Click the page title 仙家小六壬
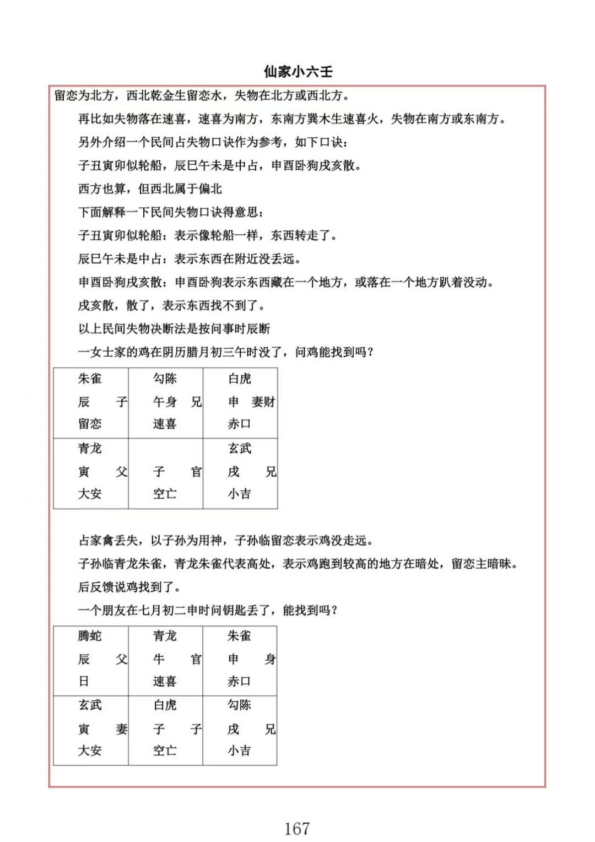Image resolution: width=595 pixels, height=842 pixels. [x=298, y=72]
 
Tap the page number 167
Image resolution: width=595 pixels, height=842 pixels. [x=297, y=828]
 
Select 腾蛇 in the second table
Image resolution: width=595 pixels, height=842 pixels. [x=90, y=636]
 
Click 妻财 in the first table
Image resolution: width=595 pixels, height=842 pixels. [x=263, y=402]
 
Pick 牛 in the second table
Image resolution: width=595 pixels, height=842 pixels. [x=159, y=659]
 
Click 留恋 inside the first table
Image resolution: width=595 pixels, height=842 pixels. [x=90, y=424]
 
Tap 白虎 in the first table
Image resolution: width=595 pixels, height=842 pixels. [x=240, y=379]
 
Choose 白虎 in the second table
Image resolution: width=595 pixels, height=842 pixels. [x=165, y=705]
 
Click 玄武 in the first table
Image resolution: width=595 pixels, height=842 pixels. [x=240, y=449]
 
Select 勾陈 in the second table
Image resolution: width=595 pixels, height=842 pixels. [x=240, y=705]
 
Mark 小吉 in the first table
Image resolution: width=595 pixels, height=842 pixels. [x=240, y=494]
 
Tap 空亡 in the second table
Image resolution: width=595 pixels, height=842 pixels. [x=165, y=751]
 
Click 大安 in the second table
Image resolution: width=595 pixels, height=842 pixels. [x=90, y=751]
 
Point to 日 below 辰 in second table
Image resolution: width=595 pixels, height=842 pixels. [x=84, y=682]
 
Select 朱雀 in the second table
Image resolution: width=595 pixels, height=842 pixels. [x=240, y=636]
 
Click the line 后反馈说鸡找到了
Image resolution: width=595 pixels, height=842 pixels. [x=129, y=587]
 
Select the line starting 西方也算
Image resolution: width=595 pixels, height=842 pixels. [x=150, y=189]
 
